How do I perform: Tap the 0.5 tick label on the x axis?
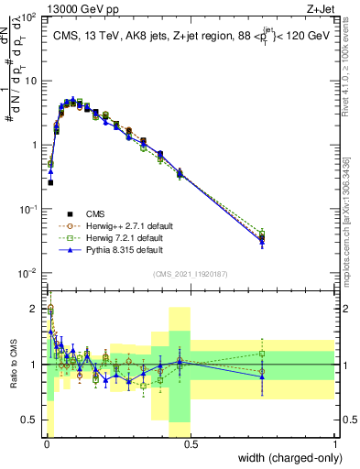pos(190,444)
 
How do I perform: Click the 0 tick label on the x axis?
pos(45,444)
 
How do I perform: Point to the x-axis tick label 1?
pos(334,444)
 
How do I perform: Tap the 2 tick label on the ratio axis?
pos(34,309)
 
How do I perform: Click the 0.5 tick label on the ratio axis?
pos(29,420)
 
